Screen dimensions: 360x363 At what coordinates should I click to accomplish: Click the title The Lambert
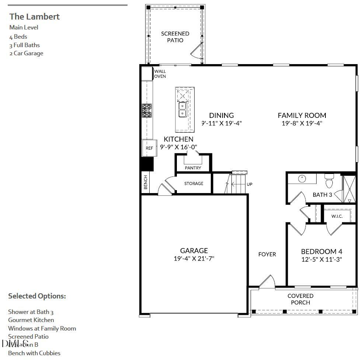coord(34,17)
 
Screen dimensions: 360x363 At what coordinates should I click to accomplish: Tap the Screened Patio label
coord(175,37)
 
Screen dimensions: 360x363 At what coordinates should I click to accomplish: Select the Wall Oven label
coord(160,74)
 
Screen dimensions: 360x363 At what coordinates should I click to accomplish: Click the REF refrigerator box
coord(149,148)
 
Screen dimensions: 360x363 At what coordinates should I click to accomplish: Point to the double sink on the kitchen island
coord(182,109)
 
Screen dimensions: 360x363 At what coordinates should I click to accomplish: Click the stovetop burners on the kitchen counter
coord(147,111)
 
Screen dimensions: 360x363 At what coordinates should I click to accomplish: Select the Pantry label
coord(193,168)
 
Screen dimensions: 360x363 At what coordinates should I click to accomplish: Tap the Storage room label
coord(193,184)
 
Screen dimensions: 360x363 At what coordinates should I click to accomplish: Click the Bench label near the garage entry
coord(146,182)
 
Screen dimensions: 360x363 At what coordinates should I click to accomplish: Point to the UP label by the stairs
coord(249,184)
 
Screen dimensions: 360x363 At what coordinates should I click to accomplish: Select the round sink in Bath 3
coord(302,179)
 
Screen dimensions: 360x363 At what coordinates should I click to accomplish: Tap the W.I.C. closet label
coord(337,216)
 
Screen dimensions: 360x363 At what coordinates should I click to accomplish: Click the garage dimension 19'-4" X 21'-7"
coord(194,259)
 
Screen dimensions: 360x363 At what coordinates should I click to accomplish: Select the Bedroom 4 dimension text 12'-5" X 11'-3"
coord(321,259)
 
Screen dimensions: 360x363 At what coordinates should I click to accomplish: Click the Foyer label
coord(267,254)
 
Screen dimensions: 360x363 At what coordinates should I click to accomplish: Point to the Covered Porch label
coord(300,299)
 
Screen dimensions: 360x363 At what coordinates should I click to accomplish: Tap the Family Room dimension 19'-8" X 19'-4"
coord(302,124)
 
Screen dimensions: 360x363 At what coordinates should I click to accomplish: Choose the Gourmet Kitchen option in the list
coord(31,320)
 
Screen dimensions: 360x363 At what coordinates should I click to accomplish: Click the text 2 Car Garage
coord(26,53)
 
